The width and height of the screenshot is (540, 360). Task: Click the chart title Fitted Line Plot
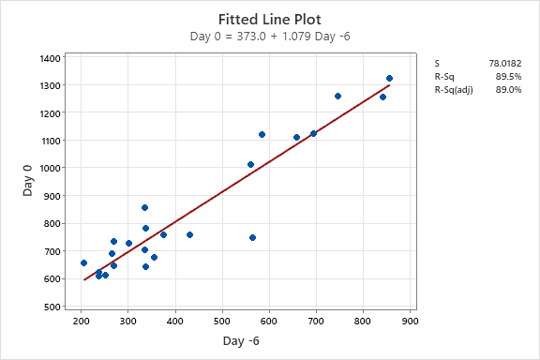(x=270, y=19)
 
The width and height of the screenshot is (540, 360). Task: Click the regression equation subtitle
(x=270, y=37)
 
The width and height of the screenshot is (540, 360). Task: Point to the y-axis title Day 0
(x=28, y=182)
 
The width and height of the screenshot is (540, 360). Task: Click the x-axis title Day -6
(x=241, y=341)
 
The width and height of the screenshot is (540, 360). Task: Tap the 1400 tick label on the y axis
(x=51, y=58)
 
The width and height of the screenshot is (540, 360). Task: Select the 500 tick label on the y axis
(x=53, y=307)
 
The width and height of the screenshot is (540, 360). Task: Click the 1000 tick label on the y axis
(x=51, y=169)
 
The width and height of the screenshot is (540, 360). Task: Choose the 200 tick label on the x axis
(x=82, y=321)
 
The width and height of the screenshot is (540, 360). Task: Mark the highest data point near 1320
(x=389, y=79)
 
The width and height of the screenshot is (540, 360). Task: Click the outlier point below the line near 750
(x=252, y=237)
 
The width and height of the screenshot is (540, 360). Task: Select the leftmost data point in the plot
(x=83, y=262)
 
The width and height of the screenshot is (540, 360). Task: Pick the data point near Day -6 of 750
(x=337, y=96)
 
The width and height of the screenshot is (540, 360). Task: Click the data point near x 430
(x=189, y=234)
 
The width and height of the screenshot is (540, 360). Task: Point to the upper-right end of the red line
(x=389, y=85)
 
